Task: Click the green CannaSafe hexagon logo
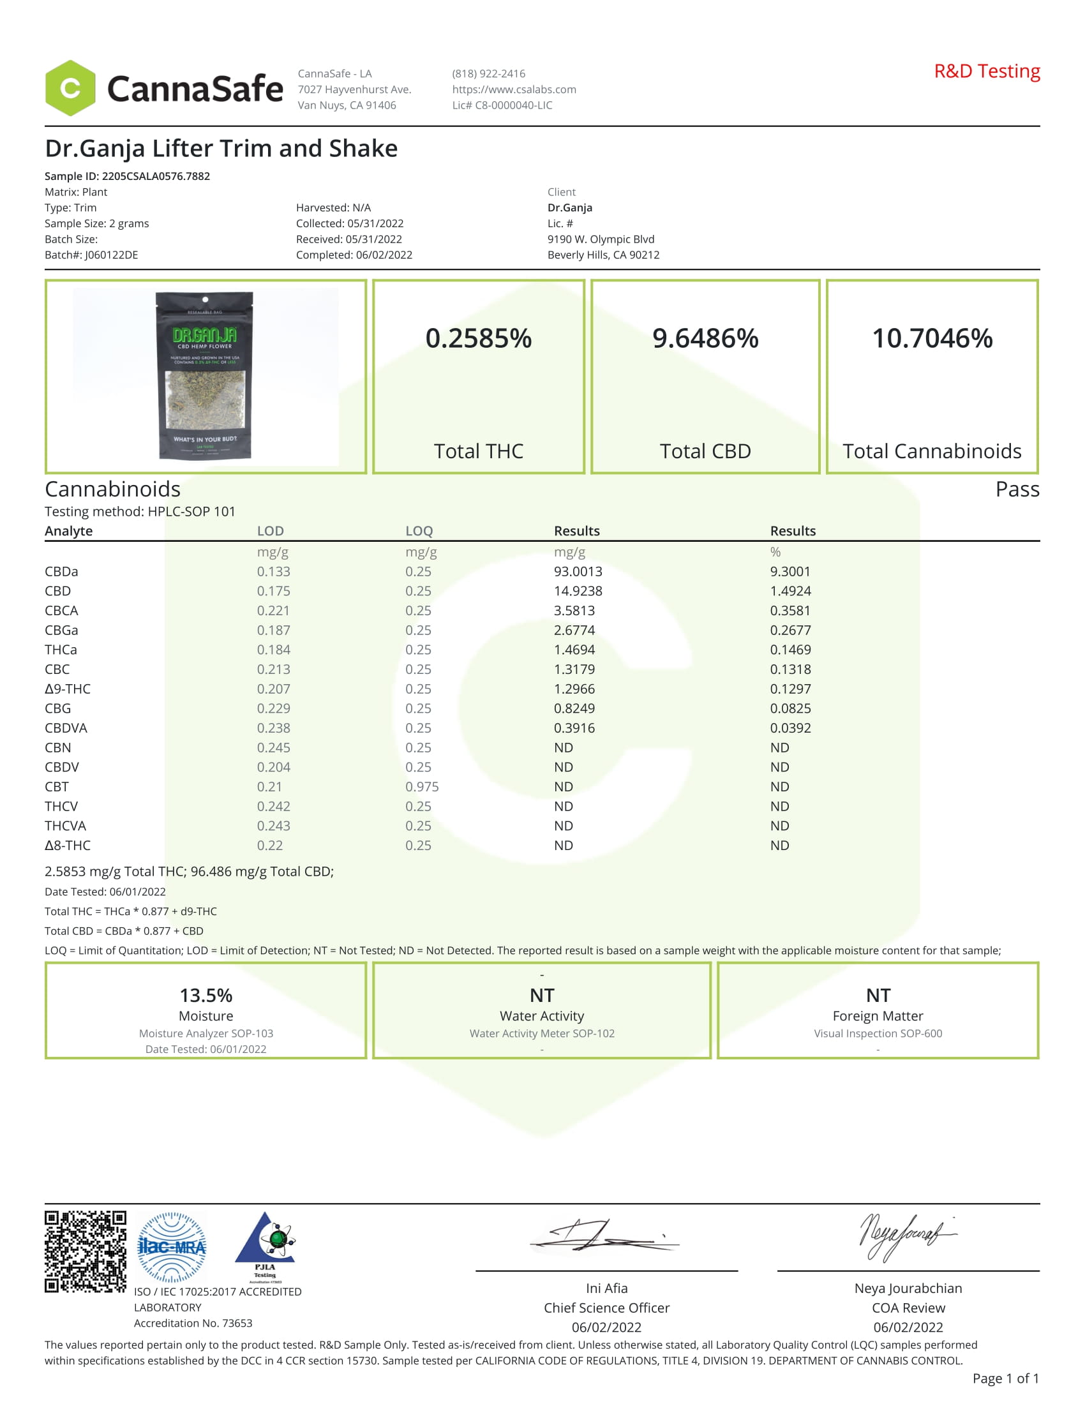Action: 70,88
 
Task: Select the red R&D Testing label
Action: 986,71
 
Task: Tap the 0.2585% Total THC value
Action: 478,338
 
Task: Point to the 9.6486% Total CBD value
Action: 705,338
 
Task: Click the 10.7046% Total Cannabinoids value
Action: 931,338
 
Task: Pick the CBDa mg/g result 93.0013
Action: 577,572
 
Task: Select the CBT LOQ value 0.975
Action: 422,786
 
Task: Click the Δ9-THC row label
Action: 68,689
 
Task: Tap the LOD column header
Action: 270,531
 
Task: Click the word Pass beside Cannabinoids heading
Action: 1016,489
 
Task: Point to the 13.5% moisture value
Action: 206,995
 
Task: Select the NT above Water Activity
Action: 541,995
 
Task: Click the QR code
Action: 85,1251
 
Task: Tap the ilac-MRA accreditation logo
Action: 172,1247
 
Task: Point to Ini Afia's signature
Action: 604,1236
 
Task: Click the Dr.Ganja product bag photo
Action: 205,376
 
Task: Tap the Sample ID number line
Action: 127,176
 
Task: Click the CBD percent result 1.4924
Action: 790,591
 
